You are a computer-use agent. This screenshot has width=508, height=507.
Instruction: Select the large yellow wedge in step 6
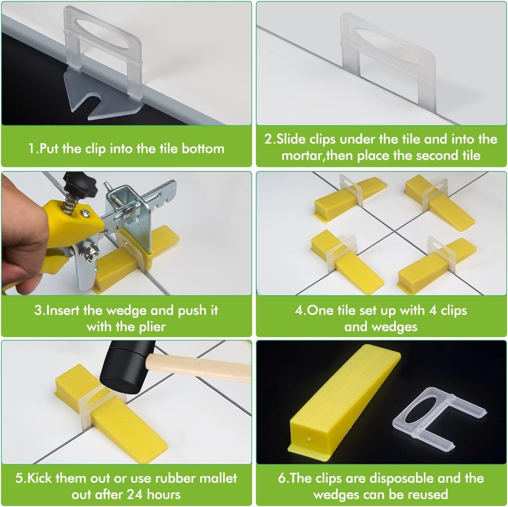click(x=343, y=398)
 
